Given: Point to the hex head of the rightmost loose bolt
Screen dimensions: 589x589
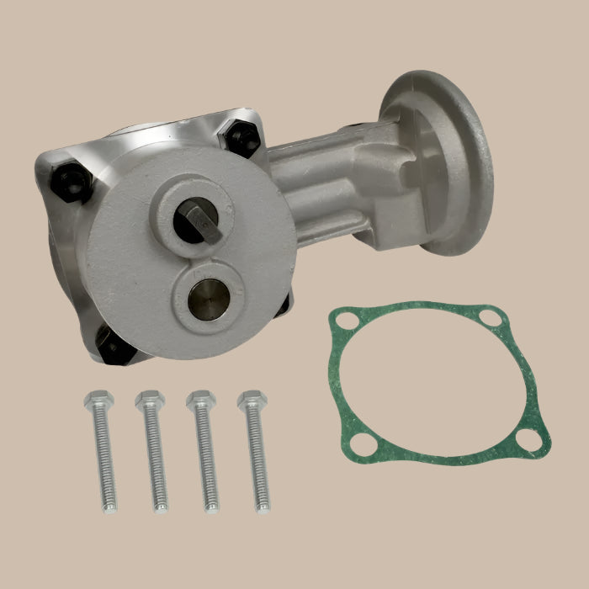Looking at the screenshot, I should pos(251,399).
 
